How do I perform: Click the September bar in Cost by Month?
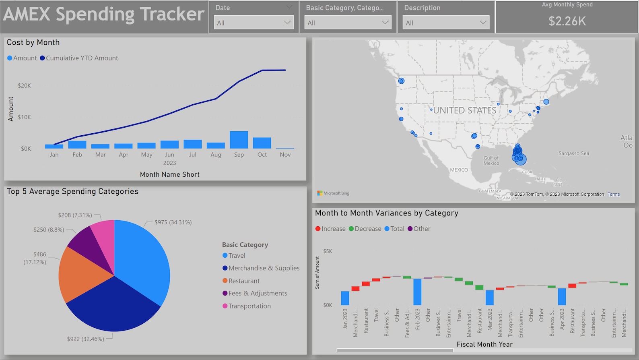click(x=239, y=140)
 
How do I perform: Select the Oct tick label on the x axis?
click(x=262, y=155)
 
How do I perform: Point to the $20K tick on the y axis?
click(x=24, y=86)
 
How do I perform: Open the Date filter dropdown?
click(x=254, y=23)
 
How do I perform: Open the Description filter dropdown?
click(x=446, y=23)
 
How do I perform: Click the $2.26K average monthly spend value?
click(x=567, y=21)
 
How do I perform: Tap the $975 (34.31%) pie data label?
click(x=173, y=222)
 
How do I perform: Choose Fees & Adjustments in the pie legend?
click(x=258, y=294)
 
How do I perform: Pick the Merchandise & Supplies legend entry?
click(x=264, y=268)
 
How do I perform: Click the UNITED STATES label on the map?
click(x=465, y=110)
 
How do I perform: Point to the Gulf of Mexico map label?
click(x=491, y=160)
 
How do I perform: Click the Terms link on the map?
click(x=613, y=194)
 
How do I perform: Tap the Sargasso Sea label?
click(x=573, y=153)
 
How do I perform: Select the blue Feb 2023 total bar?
click(x=417, y=292)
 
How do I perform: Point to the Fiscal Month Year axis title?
click(x=484, y=344)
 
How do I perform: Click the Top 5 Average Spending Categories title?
click(x=72, y=191)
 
